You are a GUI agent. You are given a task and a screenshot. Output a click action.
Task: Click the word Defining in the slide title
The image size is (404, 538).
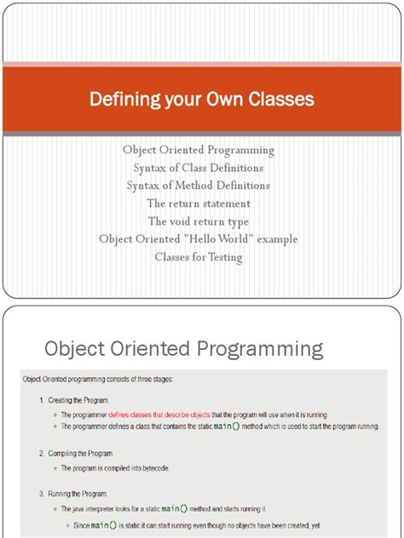119,100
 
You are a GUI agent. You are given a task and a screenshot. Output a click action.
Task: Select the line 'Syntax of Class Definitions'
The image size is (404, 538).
199,168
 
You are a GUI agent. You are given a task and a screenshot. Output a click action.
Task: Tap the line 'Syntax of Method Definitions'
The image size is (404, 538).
199,186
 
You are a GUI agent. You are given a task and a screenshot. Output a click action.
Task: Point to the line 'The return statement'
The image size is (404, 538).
199,203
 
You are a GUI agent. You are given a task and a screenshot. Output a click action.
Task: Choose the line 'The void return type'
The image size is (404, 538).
199,221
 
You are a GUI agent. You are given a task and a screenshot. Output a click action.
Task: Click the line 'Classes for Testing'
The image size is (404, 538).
199,257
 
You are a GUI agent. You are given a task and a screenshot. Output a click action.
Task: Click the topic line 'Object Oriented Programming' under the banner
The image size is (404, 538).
199,150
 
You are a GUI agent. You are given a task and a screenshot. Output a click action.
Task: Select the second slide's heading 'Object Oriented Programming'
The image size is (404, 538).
183,348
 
